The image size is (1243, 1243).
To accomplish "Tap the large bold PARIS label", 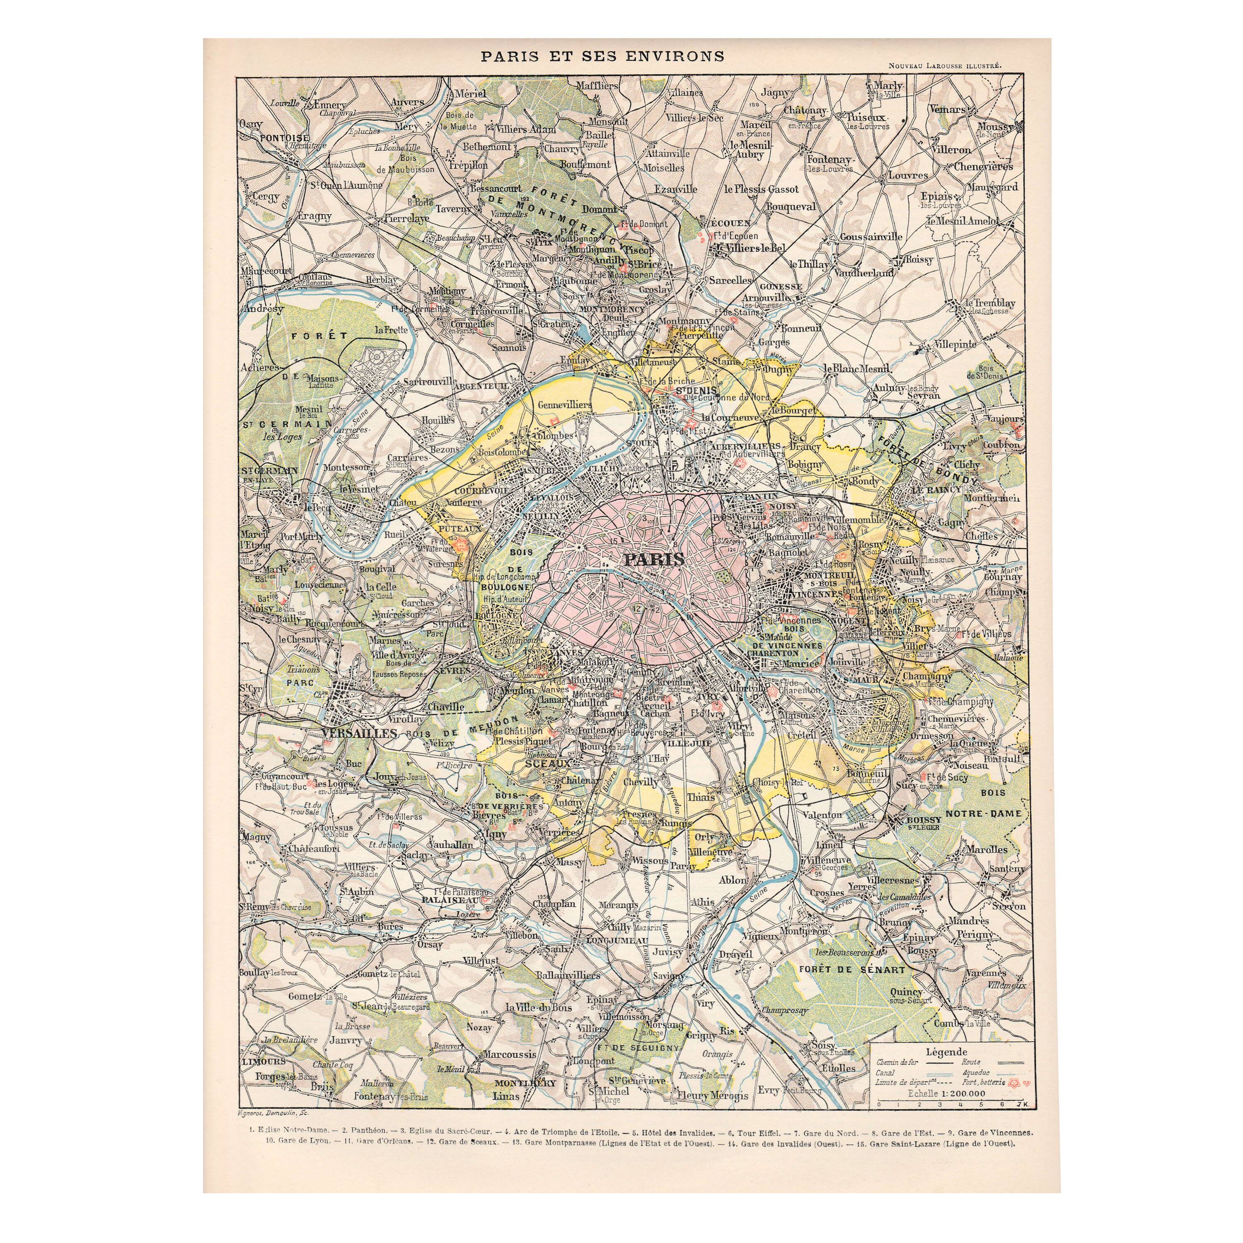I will (x=654, y=560).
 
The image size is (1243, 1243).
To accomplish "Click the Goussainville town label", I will (x=871, y=237).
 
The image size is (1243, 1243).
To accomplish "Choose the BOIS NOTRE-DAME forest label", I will (x=992, y=803).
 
